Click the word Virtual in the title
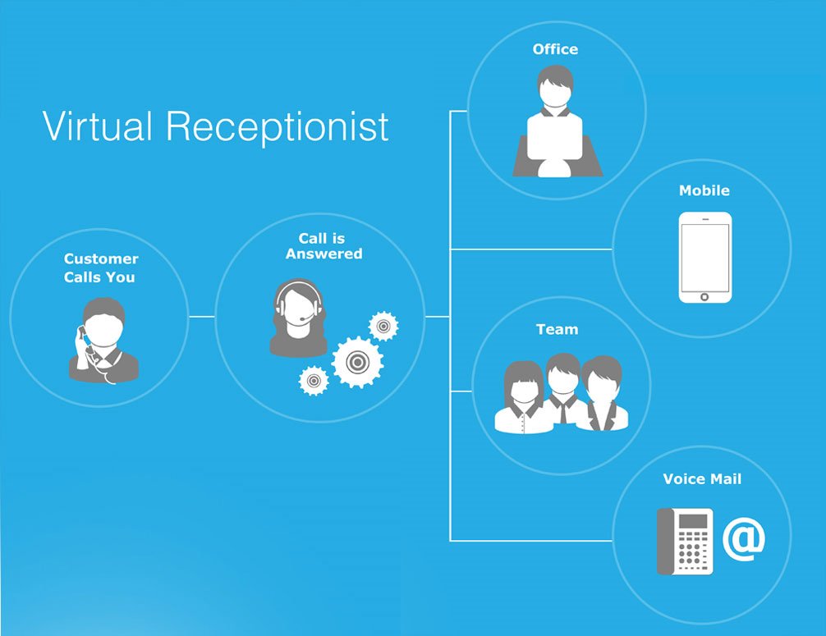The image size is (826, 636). pos(97,126)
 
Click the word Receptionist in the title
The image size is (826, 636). pos(278,127)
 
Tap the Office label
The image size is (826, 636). pos(555,49)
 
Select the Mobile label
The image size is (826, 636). pos(704,190)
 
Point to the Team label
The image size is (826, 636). pos(558,330)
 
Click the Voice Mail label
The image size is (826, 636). pos(702,479)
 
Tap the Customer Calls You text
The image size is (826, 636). pos(101,268)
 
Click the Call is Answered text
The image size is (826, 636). pos(324,246)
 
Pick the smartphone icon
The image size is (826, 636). pos(704,258)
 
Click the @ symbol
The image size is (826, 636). pos(743,539)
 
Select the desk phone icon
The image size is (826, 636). pos(685,542)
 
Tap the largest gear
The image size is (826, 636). pos(357,362)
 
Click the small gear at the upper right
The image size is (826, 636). pos(383,327)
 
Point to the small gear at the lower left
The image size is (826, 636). pos(314,381)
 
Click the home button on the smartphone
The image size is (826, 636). pos(704,297)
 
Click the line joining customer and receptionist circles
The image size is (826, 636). pos(202,317)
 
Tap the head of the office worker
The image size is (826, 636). pos(555,86)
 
